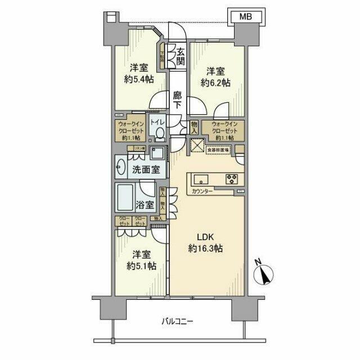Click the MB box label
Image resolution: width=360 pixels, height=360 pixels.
coord(246,17)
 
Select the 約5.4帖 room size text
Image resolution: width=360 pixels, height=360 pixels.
coord(138,79)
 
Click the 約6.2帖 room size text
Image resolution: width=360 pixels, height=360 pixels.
coord(216,83)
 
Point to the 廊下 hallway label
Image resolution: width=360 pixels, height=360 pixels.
coord(177,100)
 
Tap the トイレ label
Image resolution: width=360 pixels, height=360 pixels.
coord(157,121)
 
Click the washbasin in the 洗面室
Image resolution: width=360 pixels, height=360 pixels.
coord(121,166)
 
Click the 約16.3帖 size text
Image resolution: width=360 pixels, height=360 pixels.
coord(206,248)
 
